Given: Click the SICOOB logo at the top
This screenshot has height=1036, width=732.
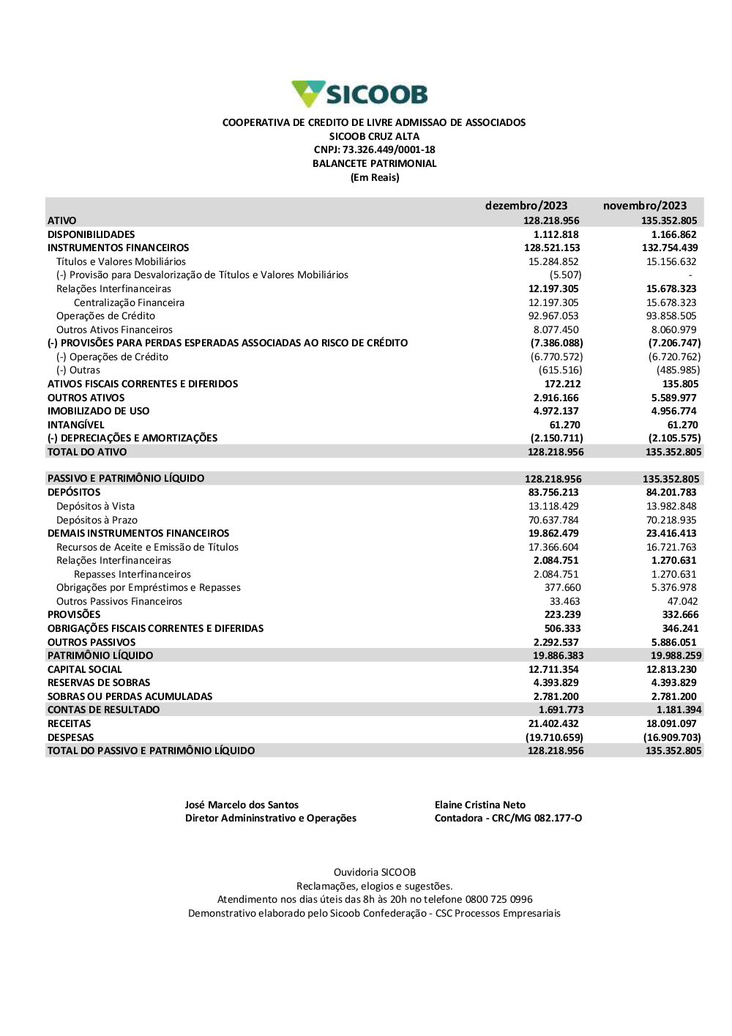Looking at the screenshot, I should click(x=359, y=94).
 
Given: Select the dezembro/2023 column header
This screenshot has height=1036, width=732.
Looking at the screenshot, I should click(x=526, y=206).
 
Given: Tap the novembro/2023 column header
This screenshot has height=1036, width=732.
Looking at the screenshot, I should click(x=644, y=206).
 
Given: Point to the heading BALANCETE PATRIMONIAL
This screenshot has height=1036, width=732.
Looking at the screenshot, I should click(x=374, y=164).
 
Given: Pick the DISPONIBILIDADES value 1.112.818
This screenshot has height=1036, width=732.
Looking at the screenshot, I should click(x=556, y=235).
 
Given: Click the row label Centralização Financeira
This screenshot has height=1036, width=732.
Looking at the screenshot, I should click(x=129, y=303).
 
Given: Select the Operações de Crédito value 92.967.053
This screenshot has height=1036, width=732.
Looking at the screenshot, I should click(x=553, y=316).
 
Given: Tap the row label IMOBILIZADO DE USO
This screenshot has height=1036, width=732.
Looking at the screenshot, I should click(x=98, y=411).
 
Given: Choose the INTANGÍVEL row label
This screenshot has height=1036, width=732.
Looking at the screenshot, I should click(x=75, y=425).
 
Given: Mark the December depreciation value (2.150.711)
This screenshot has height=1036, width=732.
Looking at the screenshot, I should click(x=556, y=439).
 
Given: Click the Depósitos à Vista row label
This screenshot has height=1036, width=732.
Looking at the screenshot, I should click(x=95, y=507).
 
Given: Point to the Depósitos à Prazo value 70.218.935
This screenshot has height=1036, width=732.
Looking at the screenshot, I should click(x=671, y=521).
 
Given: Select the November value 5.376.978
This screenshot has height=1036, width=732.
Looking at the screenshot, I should click(x=673, y=588).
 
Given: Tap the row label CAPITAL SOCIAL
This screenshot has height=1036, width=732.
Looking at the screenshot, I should click(x=84, y=670).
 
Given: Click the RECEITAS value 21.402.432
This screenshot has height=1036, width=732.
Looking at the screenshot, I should click(x=553, y=724).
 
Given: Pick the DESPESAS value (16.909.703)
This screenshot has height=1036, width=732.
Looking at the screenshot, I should click(x=672, y=738).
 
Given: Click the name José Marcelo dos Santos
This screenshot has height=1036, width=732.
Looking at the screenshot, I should click(x=242, y=805).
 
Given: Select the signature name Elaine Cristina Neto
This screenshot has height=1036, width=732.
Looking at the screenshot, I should click(x=479, y=805).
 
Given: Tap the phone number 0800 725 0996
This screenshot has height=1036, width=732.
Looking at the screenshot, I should click(x=498, y=900).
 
